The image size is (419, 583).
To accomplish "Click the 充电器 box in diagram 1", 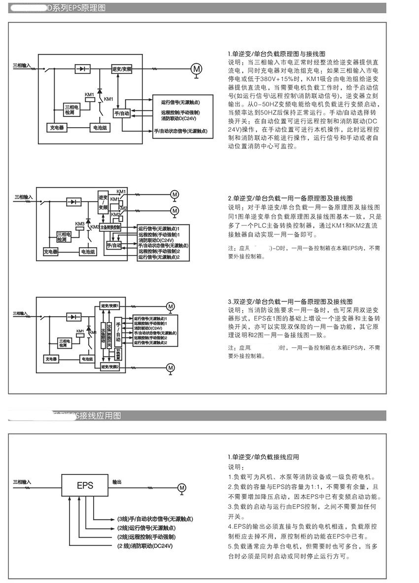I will point(57,127).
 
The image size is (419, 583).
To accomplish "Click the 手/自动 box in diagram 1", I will point(121,113).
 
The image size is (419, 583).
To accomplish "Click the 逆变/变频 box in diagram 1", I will point(122,69).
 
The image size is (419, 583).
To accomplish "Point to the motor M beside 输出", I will point(182,488).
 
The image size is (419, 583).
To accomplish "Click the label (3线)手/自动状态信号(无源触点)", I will point(154,519).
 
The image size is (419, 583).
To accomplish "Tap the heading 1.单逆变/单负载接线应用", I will point(263,457).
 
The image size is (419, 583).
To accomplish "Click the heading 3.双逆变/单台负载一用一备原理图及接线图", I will point(290,301).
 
